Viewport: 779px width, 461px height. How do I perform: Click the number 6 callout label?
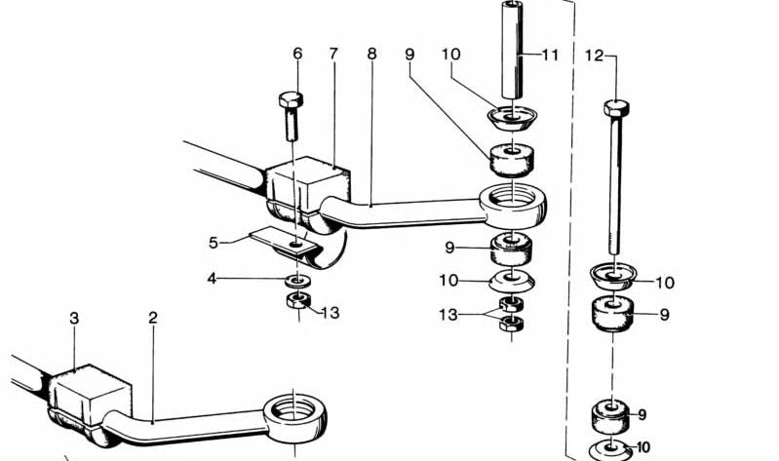(297, 54)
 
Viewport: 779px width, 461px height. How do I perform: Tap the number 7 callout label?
(333, 54)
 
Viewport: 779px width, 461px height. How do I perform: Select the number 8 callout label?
(372, 54)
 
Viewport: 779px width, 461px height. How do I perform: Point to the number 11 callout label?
(550, 55)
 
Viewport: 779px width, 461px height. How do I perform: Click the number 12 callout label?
(594, 56)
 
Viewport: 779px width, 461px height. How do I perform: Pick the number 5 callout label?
(214, 243)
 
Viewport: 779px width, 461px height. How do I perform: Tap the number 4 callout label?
(213, 279)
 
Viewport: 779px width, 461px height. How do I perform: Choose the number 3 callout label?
(74, 319)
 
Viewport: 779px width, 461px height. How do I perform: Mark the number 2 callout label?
(152, 318)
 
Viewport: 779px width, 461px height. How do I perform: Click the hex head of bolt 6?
(291, 99)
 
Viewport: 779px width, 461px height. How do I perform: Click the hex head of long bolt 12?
(616, 107)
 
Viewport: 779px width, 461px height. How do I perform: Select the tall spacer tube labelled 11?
(512, 51)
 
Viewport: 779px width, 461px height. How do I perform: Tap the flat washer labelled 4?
(297, 281)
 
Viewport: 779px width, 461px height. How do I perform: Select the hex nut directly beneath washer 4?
(298, 300)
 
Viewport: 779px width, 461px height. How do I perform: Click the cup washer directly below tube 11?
(512, 118)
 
